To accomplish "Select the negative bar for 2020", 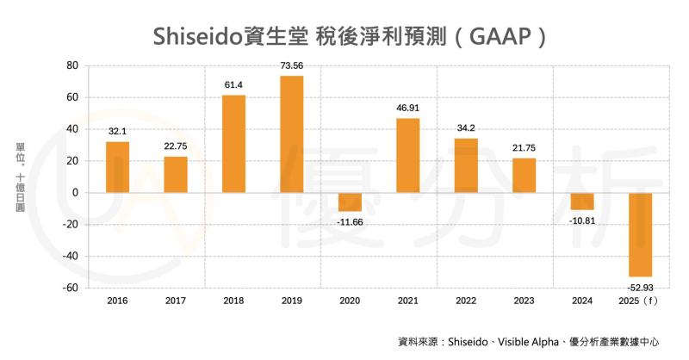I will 350,202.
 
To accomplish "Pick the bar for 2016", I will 117,167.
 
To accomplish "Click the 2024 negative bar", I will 582,201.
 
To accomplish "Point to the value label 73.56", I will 292,66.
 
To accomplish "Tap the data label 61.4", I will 233,85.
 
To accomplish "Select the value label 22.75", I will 176,146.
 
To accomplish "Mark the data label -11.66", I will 350,221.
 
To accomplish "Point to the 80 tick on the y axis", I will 72,65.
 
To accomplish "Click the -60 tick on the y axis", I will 70,288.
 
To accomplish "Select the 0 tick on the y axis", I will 76,193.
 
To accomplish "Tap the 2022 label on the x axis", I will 466,301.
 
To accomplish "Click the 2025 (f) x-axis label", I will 640,301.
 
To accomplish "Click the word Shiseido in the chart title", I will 195,36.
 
